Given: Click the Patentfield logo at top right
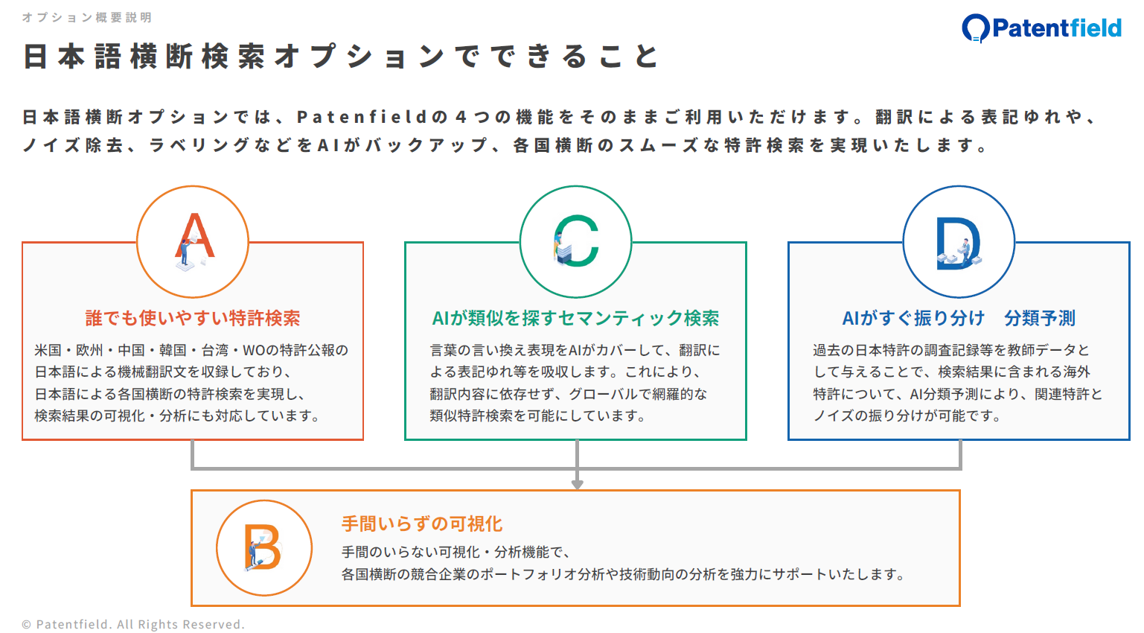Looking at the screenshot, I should tap(1041, 28).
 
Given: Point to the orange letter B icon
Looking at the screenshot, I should tap(263, 547).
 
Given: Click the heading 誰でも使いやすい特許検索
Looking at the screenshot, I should tap(193, 319).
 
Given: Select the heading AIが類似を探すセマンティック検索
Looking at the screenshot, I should tap(575, 319).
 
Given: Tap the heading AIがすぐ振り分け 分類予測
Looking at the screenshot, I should tap(959, 319).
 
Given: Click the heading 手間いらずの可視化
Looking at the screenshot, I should tap(422, 524).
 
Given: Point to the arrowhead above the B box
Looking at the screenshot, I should tap(577, 484).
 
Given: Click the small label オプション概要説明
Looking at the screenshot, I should tap(87, 17).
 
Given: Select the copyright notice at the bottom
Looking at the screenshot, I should tap(133, 625).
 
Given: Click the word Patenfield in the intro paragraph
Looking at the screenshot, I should tap(362, 118).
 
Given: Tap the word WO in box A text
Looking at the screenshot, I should tap(255, 351).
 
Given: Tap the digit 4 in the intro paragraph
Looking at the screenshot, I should tap(461, 118).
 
